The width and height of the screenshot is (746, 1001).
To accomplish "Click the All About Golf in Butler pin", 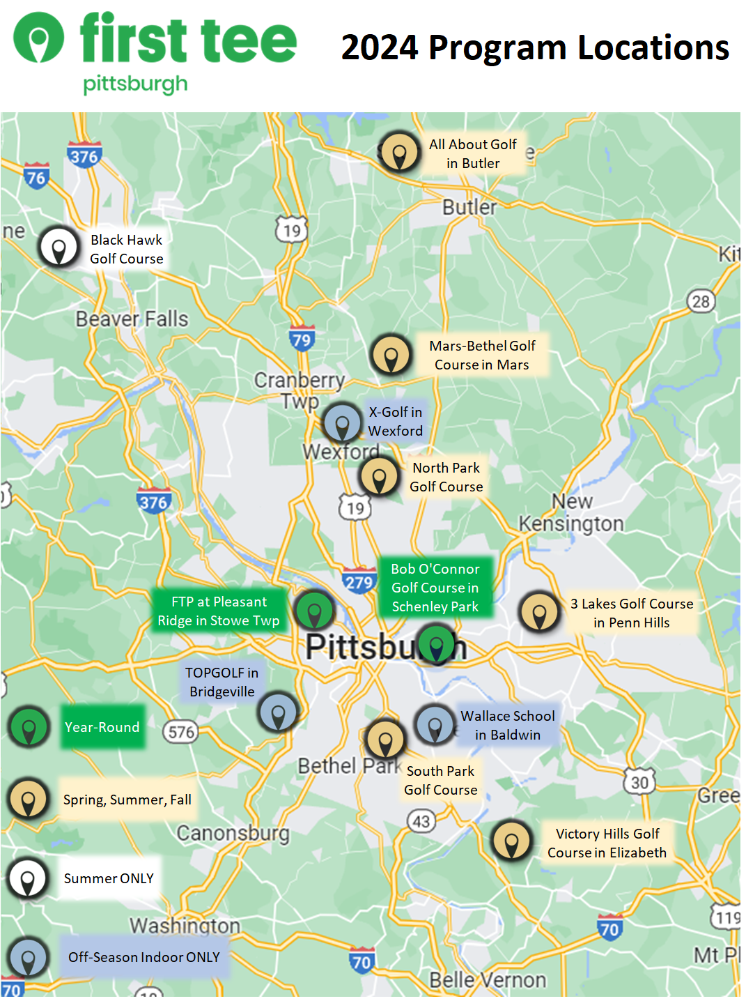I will (399, 153).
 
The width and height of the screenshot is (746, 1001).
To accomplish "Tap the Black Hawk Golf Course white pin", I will (59, 247).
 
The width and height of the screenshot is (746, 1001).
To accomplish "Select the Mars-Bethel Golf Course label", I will (482, 356).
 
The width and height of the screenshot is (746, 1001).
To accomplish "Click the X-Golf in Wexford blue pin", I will (342, 422).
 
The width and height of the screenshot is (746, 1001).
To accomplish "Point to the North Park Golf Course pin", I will (379, 477).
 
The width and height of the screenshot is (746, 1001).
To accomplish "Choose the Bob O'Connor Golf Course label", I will (435, 588).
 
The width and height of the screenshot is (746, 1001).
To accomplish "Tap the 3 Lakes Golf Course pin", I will (539, 612).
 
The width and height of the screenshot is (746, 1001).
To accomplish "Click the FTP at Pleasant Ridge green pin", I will (315, 610).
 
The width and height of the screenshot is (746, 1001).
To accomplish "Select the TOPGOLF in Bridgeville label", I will (222, 682).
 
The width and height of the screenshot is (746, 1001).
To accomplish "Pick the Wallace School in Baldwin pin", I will (435, 724).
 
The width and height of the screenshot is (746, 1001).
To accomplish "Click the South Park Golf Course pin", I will (384, 740).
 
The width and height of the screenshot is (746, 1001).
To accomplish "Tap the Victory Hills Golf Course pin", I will (511, 840).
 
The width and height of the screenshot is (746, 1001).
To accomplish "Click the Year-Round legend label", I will (102, 727).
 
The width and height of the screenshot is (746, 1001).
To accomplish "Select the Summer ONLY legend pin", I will (28, 878).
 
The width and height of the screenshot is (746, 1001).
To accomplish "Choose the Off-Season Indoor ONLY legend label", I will (143, 957).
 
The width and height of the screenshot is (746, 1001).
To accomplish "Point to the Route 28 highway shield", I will (701, 301).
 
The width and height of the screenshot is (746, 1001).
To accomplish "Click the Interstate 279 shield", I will (359, 581).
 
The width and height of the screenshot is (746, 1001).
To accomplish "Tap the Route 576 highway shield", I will (181, 732).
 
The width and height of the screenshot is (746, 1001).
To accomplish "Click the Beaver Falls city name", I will (132, 319).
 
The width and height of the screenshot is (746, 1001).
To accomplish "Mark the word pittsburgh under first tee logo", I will (135, 85).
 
